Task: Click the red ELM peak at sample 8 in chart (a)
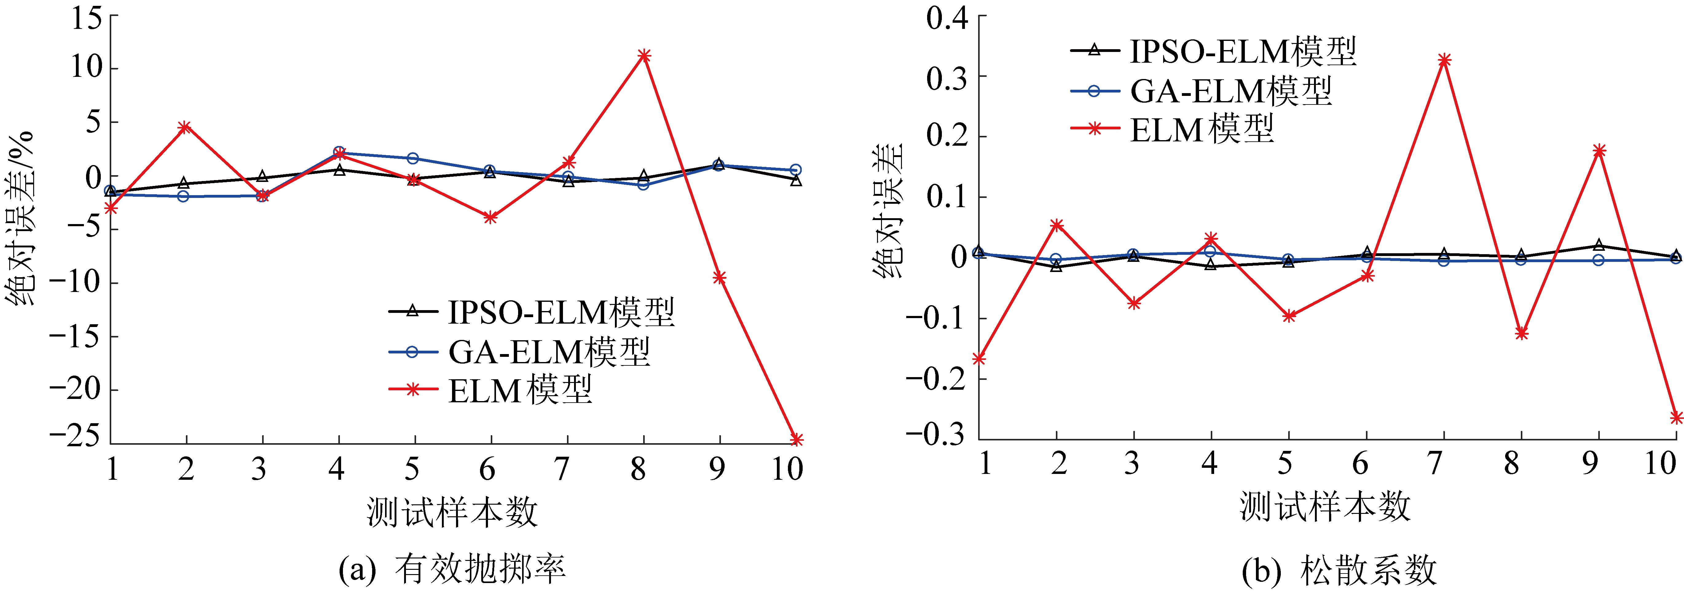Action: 644,56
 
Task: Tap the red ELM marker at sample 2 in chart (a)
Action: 186,127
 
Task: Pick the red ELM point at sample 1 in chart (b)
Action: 979,358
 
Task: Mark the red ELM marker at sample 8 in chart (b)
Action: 1521,333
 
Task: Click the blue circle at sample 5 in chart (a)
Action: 412,158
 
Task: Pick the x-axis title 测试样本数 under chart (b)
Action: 1325,507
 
